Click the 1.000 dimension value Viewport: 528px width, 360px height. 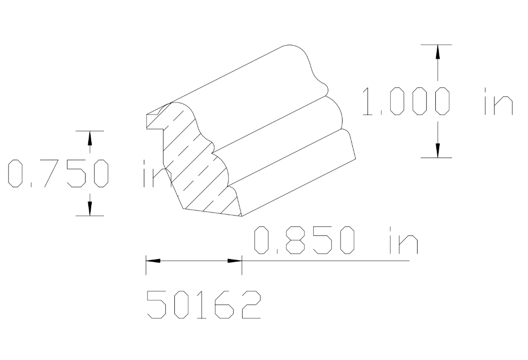click(405, 101)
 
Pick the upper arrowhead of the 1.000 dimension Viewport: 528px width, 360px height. click(437, 51)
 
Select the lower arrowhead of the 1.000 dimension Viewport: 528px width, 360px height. click(437, 151)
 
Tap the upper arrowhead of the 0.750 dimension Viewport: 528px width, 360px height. click(90, 137)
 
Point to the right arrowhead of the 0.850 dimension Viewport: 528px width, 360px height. click(235, 261)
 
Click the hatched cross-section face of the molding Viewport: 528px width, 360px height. click(198, 167)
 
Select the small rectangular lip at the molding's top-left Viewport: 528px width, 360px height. click(152, 121)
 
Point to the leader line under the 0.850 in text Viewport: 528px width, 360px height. click(329, 261)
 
